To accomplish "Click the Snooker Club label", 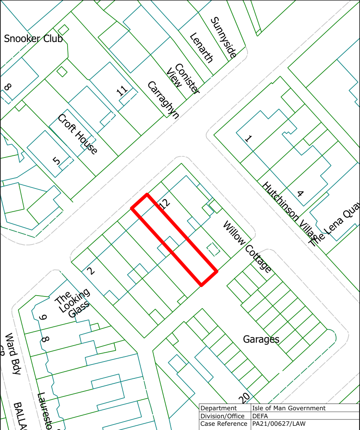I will tap(33, 39).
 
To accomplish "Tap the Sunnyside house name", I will tap(224, 37).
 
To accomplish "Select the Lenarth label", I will tap(202, 48).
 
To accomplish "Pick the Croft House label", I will tap(78, 134).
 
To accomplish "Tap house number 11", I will tap(122, 91).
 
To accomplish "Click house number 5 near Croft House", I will tap(57, 160).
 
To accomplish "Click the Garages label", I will tap(261, 339).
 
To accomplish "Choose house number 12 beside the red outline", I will tap(165, 205).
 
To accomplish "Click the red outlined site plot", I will tap(174, 239).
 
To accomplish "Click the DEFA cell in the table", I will tap(260, 416).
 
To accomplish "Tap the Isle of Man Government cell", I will tap(289, 408).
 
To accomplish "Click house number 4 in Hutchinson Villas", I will tap(300, 194).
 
